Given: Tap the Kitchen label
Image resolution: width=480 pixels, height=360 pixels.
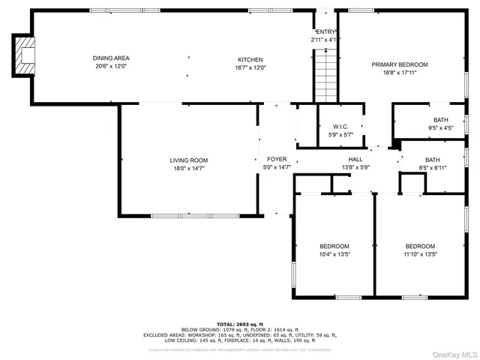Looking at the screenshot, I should pyautogui.click(x=250, y=59).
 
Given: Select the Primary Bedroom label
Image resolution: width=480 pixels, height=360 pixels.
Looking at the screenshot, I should pyautogui.click(x=399, y=64).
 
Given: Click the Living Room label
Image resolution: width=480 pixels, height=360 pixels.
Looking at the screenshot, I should pyautogui.click(x=188, y=160).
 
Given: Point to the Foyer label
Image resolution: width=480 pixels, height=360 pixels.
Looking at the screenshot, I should pyautogui.click(x=277, y=160).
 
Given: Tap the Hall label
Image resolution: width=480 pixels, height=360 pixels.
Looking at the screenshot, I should pyautogui.click(x=355, y=160).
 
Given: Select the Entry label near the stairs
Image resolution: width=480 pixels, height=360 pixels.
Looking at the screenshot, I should pyautogui.click(x=325, y=31).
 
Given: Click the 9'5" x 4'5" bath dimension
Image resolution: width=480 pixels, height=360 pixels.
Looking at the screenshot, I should pyautogui.click(x=440, y=127).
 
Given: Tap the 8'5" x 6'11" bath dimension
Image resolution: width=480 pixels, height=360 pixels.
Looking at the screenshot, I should pyautogui.click(x=433, y=168).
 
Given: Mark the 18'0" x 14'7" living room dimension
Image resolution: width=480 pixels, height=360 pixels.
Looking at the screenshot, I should pyautogui.click(x=188, y=169).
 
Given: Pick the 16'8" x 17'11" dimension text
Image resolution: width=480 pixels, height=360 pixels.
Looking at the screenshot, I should pyautogui.click(x=399, y=73).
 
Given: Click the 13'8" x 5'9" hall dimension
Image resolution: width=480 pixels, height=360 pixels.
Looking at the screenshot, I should pyautogui.click(x=355, y=168).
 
